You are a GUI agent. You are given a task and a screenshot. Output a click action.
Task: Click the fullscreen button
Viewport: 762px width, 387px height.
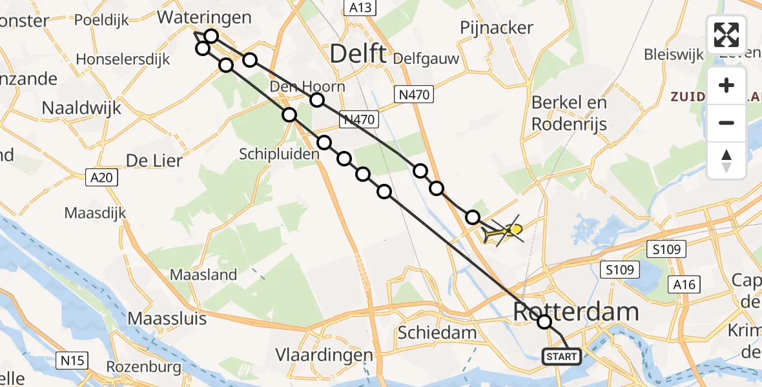[x=726, y=35]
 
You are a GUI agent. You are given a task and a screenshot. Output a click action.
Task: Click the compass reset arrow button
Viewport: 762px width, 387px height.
[x=726, y=161]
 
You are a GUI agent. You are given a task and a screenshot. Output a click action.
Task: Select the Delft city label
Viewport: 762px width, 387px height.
[x=358, y=54]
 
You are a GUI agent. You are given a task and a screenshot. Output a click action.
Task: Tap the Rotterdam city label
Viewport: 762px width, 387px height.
[x=576, y=312]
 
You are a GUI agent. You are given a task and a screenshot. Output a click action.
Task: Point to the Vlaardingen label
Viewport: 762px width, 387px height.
[x=324, y=355]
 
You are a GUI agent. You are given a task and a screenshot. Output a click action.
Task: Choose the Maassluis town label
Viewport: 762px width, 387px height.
[x=167, y=318]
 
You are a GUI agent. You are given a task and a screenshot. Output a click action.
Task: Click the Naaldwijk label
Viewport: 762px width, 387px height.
[x=81, y=108]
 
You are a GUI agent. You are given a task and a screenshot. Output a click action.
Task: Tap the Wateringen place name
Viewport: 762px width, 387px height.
[x=204, y=17]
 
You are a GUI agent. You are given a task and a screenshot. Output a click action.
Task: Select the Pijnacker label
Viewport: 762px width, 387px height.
[x=497, y=28]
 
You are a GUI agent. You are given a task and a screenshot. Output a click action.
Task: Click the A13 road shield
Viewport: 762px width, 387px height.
[x=357, y=7]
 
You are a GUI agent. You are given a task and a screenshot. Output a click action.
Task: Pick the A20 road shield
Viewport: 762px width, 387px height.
[x=102, y=177]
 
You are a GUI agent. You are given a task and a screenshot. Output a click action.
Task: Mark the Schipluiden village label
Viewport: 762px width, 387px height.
[x=279, y=154]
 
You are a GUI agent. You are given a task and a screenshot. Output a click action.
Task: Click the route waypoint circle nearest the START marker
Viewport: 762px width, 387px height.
[x=544, y=321]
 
